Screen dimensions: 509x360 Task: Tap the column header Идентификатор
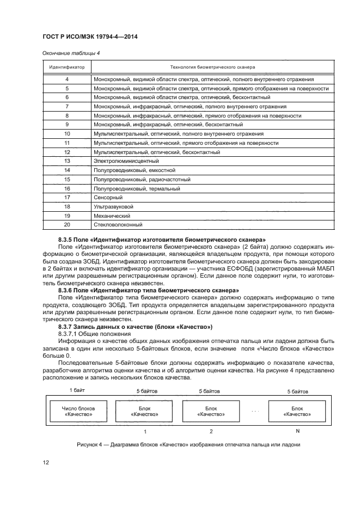tap(66, 67)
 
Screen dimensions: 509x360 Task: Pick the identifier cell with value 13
tap(67, 161)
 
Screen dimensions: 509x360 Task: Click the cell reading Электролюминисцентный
tap(126, 161)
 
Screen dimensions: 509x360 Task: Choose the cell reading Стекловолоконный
tap(118, 225)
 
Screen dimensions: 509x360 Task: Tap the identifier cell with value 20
tap(67, 225)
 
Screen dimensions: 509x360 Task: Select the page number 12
tap(46, 463)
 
